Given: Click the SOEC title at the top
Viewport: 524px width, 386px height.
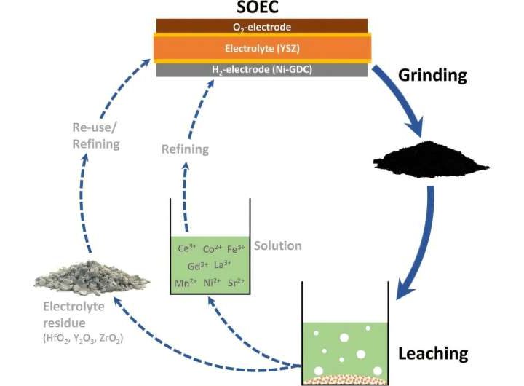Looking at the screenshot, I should click(x=263, y=9).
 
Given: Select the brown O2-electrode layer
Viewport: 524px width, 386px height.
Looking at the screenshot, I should click(x=263, y=26).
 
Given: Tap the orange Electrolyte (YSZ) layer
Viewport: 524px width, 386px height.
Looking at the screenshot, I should click(x=263, y=49).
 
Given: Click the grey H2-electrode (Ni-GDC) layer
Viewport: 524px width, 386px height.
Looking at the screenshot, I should click(x=263, y=70).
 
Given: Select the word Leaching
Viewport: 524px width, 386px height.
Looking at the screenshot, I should click(x=432, y=354).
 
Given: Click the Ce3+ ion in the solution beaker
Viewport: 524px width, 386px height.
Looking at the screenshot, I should click(x=187, y=248).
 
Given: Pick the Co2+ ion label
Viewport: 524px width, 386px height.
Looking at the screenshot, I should click(x=213, y=249).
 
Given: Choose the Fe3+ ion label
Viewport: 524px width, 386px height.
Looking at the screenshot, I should click(x=237, y=248).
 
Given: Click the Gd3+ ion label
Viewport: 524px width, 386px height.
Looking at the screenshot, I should click(x=199, y=265).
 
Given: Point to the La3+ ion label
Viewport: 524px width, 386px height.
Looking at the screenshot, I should click(x=223, y=265).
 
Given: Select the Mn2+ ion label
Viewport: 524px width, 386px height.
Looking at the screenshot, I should click(x=186, y=283).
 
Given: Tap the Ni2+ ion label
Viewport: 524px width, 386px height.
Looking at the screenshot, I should click(x=212, y=283).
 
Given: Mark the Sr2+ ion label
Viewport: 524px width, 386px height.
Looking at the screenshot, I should click(x=237, y=283).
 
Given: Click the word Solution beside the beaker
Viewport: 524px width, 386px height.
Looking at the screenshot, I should click(x=277, y=245).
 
